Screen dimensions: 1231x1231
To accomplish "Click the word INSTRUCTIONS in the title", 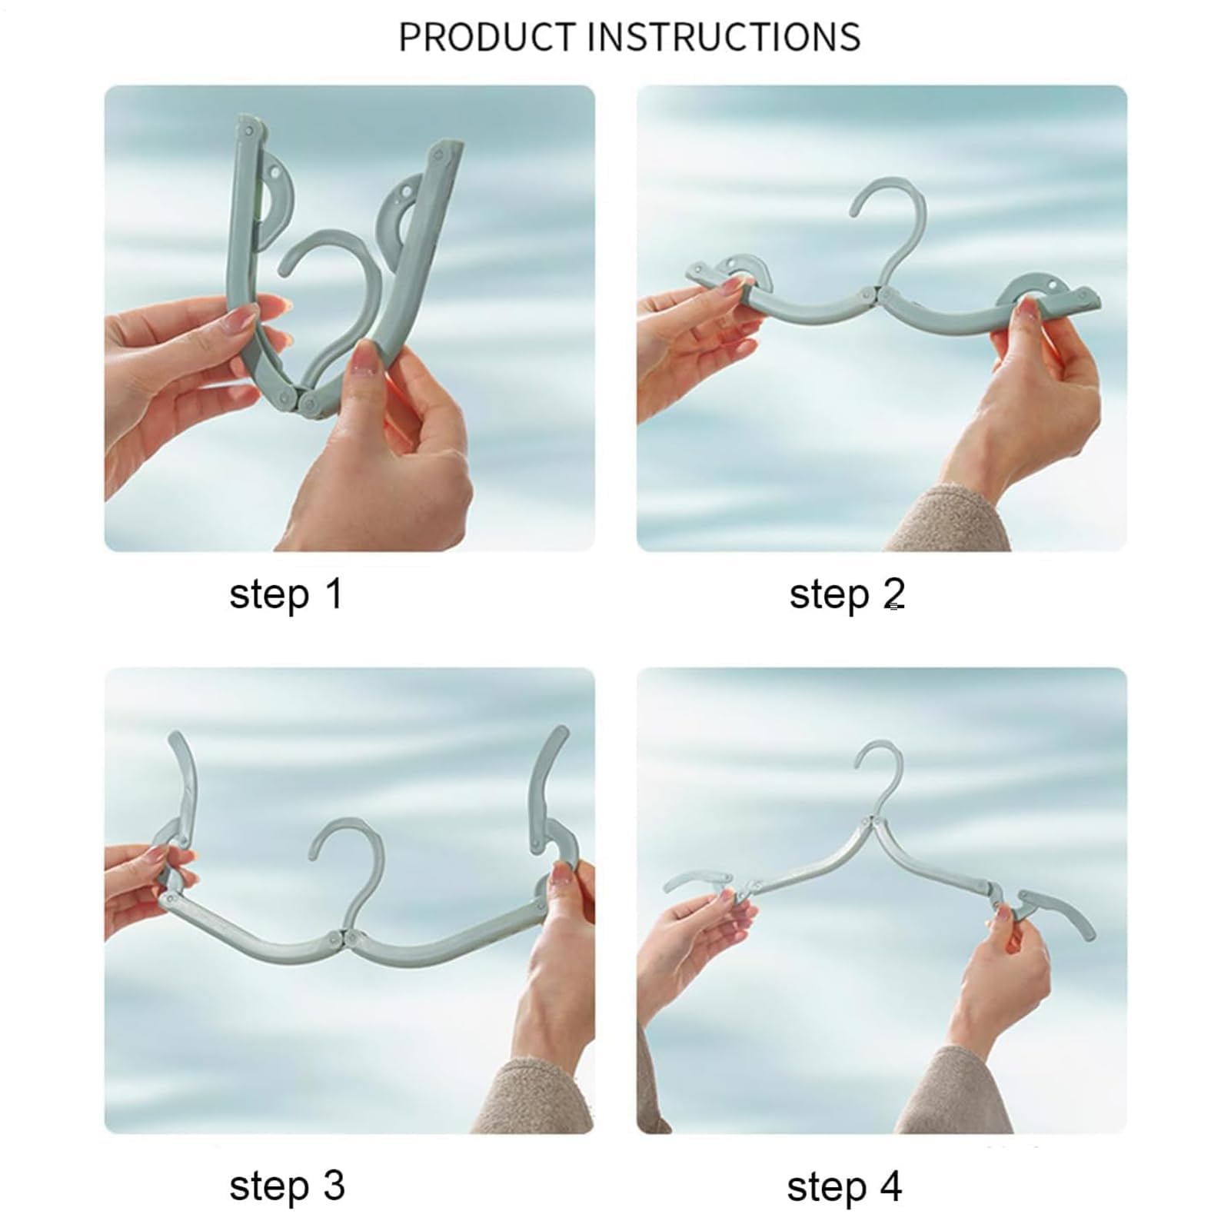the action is click(x=725, y=37).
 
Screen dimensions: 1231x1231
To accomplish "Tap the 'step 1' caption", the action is click(x=285, y=595).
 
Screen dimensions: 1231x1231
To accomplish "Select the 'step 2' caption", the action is click(x=847, y=595).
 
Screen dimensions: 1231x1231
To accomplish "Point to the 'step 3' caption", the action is click(x=287, y=1186).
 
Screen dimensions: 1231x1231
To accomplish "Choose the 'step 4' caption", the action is click(x=844, y=1186).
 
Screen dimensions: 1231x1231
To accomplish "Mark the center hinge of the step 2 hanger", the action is click(x=875, y=294).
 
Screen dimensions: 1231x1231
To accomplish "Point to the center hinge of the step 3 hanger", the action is click(x=341, y=939).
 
